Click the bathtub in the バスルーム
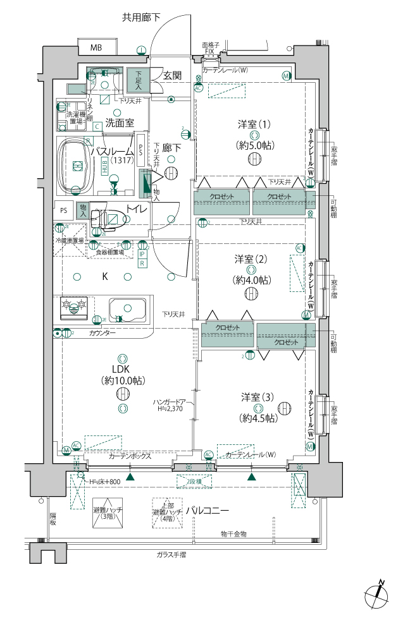click(78, 165)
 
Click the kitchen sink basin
click(127, 309)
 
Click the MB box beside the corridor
click(96, 47)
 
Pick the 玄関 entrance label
click(172, 75)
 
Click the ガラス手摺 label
click(171, 554)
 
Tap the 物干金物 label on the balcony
click(233, 534)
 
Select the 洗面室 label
click(119, 123)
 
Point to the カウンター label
click(102, 332)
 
